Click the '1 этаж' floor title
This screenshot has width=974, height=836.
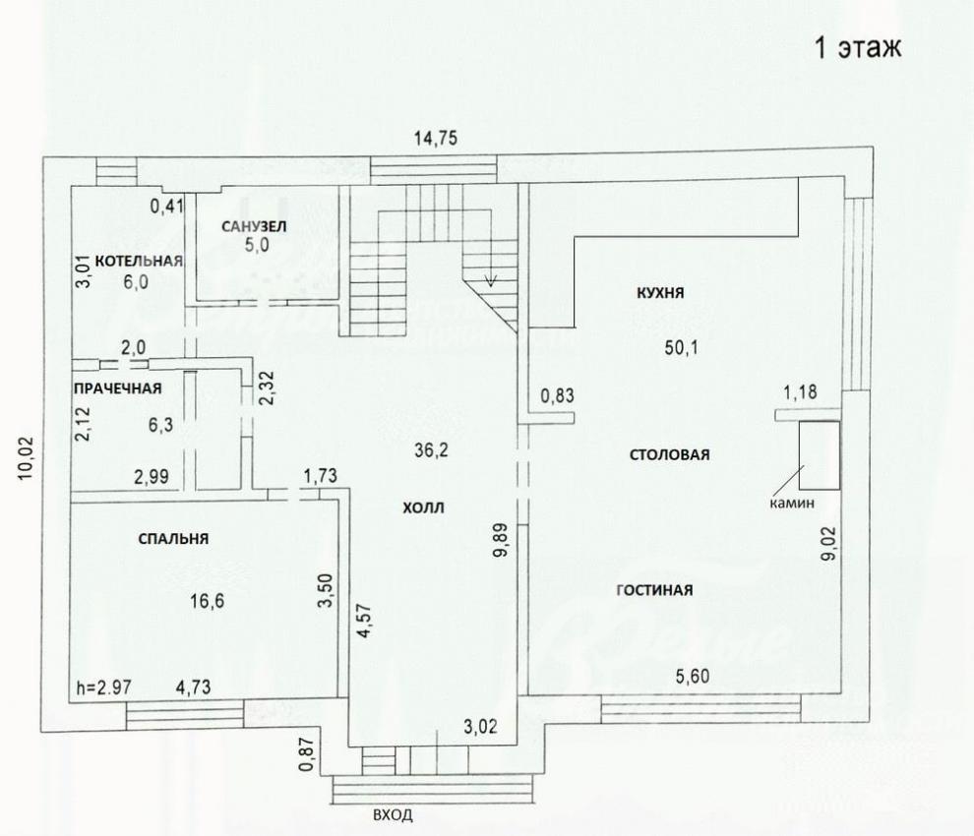pos(857,48)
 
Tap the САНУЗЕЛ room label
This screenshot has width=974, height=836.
pos(254,226)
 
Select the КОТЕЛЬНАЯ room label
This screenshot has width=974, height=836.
pos(139,261)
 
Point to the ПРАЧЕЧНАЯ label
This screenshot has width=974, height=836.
pos(117,388)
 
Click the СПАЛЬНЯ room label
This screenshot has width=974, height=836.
pos(173,539)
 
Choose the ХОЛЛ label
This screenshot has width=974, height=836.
pos(424,508)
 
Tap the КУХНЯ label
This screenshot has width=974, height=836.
pos(660,292)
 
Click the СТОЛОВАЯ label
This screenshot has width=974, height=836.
pos(670,454)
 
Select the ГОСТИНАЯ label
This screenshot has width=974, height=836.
pos(654,589)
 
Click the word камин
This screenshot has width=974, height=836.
pos(792,504)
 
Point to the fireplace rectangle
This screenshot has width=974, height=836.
pos(820,455)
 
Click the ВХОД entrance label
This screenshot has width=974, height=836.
pos(393,815)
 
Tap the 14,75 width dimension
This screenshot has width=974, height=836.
pos(436,138)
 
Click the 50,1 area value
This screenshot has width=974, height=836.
pos(682,347)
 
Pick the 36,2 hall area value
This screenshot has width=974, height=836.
pos(432,449)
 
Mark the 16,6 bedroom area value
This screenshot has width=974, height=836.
pos(208,601)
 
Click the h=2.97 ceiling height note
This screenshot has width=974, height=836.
pos(103,687)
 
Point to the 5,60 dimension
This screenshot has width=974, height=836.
pos(693,676)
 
